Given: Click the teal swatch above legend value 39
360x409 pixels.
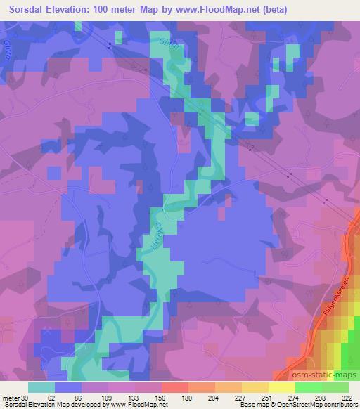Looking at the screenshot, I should pos(41,387).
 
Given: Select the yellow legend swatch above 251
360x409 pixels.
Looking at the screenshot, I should pos(257,387).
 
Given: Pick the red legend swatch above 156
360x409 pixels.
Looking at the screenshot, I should pos(174,387).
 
